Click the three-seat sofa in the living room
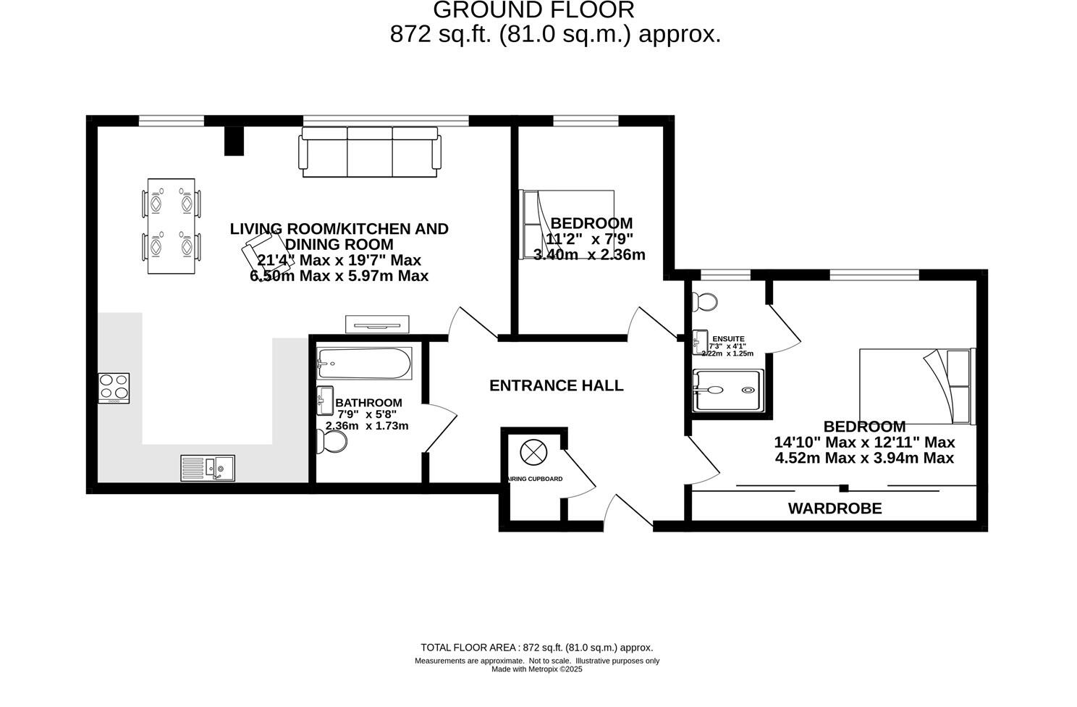click(x=369, y=151)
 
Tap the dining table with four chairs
click(x=172, y=226)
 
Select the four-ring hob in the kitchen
click(x=114, y=388)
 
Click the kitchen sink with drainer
click(x=208, y=468)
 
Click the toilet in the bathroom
click(x=332, y=441)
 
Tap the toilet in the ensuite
click(x=704, y=301)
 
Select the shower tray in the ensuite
click(x=728, y=390)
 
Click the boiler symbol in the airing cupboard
click(x=532, y=453)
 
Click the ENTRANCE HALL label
click(x=556, y=385)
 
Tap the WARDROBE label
click(x=835, y=509)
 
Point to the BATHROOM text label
click(x=368, y=403)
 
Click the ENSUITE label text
click(x=728, y=338)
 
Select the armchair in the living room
click(x=259, y=250)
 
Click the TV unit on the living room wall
click(x=378, y=323)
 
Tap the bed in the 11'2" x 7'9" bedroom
click(x=567, y=225)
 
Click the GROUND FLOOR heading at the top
click(x=533, y=10)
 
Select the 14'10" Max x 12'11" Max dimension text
click(x=864, y=442)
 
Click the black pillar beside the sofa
click(x=234, y=141)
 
